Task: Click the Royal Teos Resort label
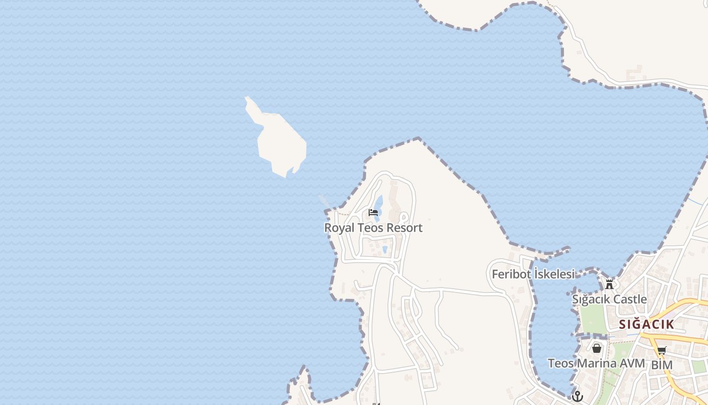373,228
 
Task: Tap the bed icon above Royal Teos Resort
373,212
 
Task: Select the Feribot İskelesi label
533,274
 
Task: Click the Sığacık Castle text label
609,299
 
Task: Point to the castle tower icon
609,284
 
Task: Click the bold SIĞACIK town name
646,325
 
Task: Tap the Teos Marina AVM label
596,363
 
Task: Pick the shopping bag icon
597,348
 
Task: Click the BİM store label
661,365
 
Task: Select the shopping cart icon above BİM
661,350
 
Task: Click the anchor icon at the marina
578,396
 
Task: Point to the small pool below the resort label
385,249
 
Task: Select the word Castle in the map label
630,299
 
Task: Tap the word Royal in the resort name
339,228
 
